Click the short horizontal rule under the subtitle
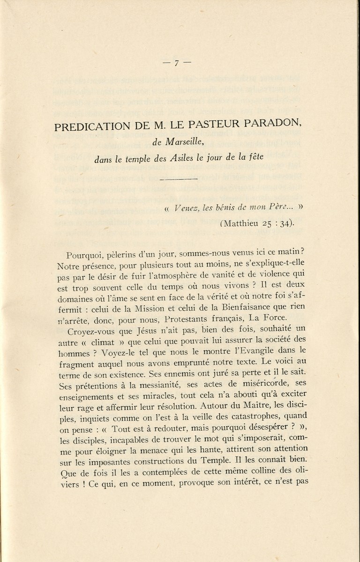[x=179, y=179]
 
